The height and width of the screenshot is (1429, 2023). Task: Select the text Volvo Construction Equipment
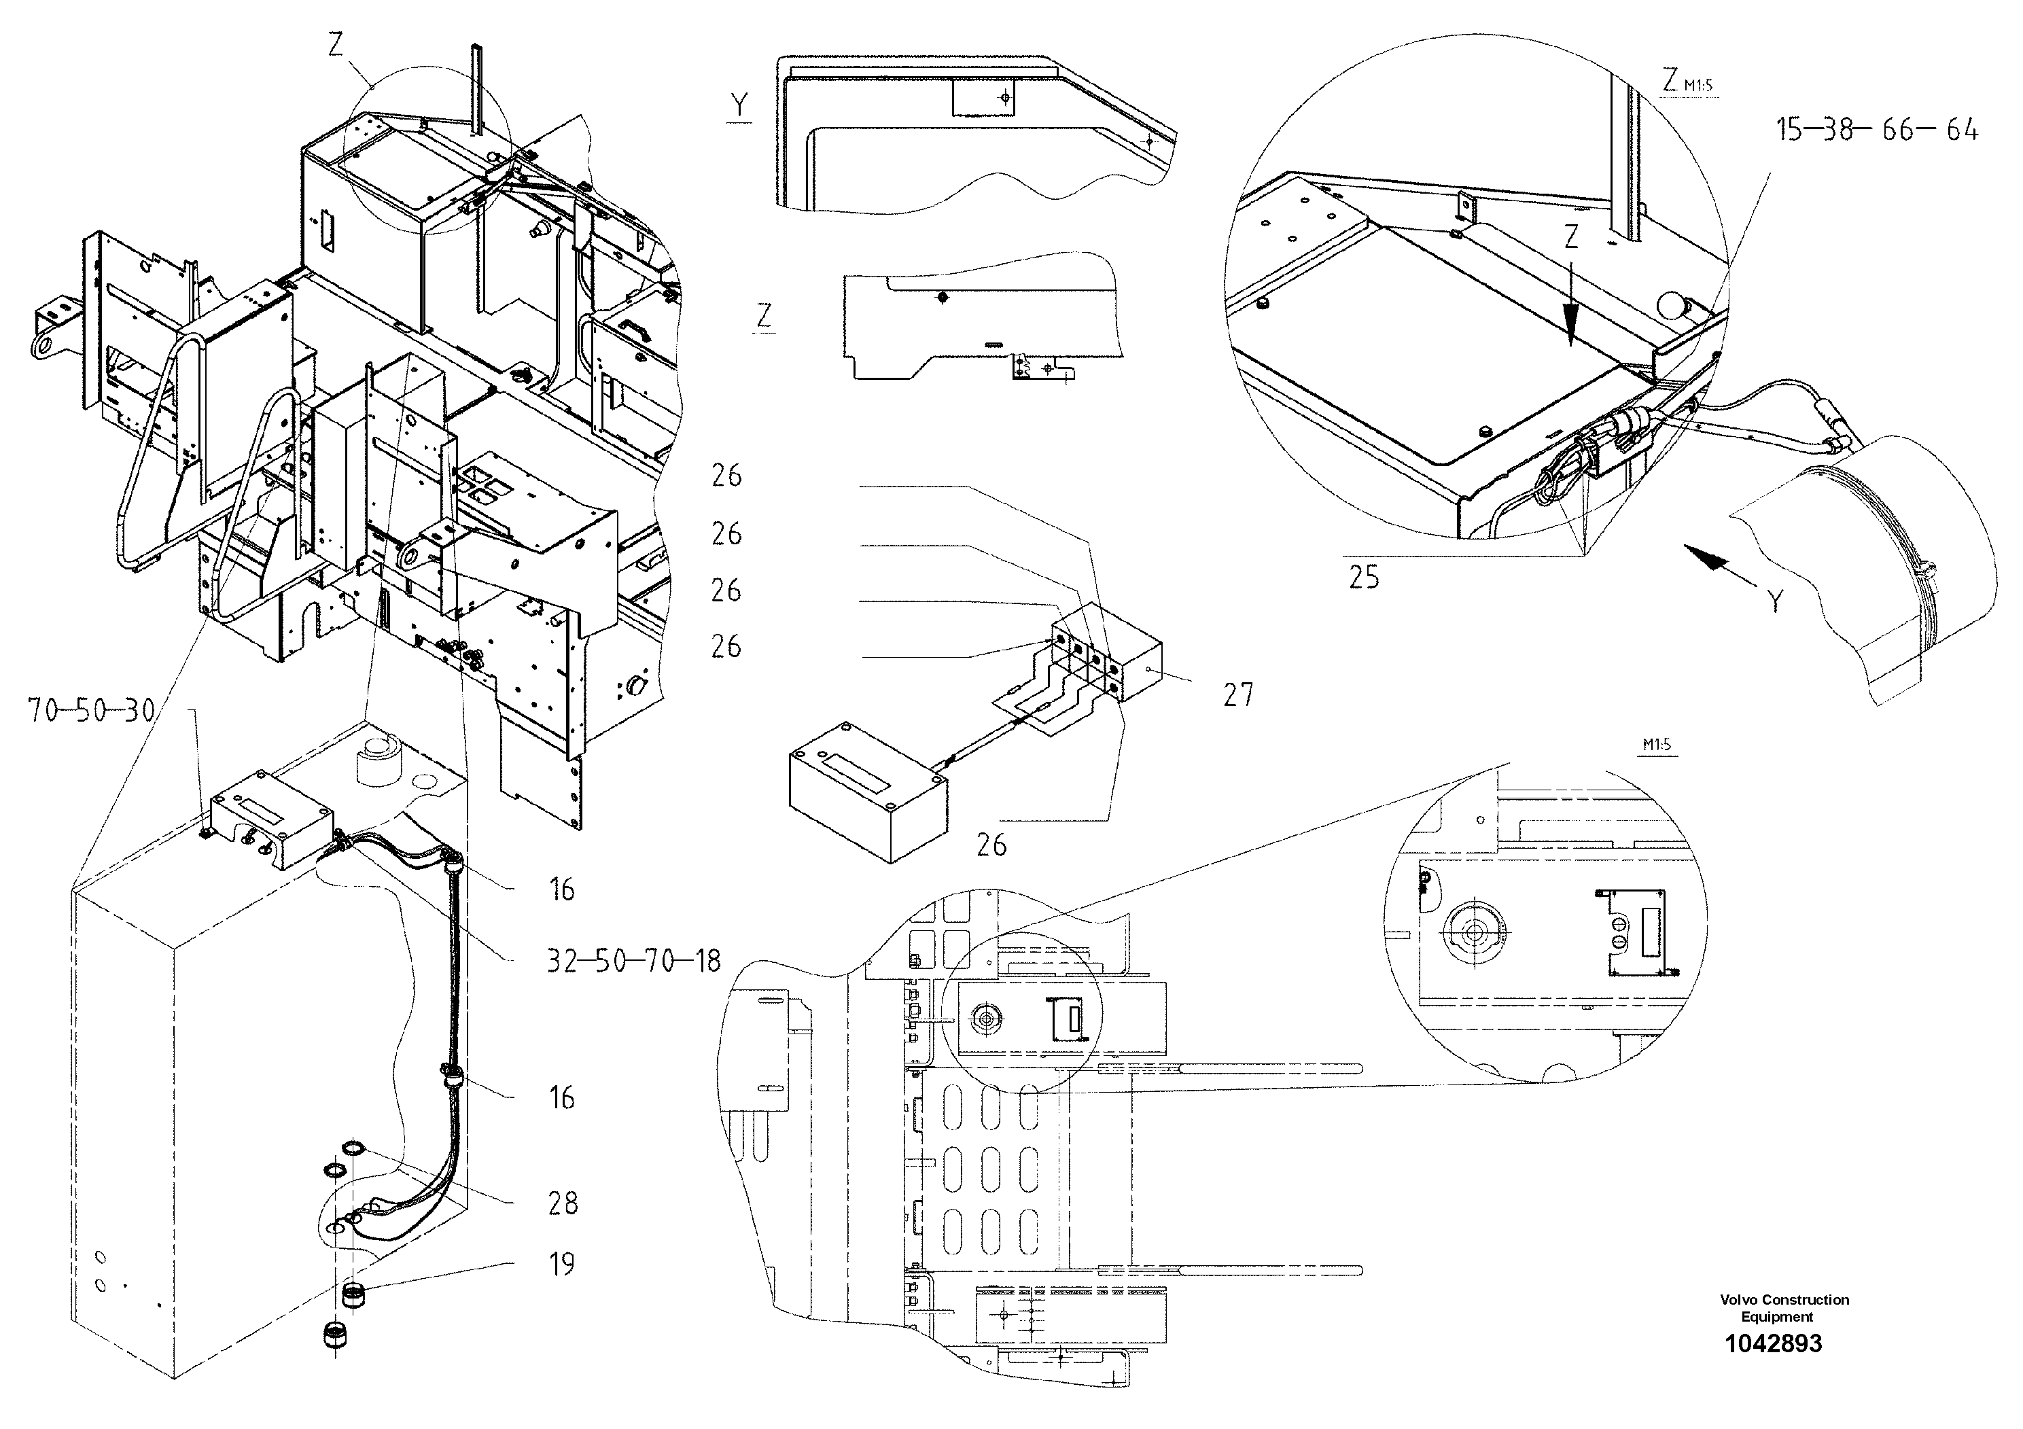point(1784,1308)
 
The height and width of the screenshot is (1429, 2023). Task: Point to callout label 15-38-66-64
point(1877,130)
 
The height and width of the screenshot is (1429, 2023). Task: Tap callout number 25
point(1364,578)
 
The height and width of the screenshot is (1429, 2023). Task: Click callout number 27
point(1238,695)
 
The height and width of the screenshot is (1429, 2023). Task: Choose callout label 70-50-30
point(91,710)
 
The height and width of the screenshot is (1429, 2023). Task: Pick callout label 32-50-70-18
point(633,960)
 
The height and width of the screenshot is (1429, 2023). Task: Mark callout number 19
point(561,1265)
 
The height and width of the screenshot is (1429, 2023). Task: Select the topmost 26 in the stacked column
point(727,476)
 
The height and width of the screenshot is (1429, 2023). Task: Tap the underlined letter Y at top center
point(739,107)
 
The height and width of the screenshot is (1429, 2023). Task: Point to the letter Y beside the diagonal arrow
point(1776,602)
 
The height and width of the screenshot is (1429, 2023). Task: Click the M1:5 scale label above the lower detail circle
point(1657,745)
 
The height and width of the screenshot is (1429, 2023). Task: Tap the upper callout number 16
point(561,890)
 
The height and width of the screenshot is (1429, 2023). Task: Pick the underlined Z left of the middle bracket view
point(764,315)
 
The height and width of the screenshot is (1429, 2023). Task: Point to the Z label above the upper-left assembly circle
point(336,45)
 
